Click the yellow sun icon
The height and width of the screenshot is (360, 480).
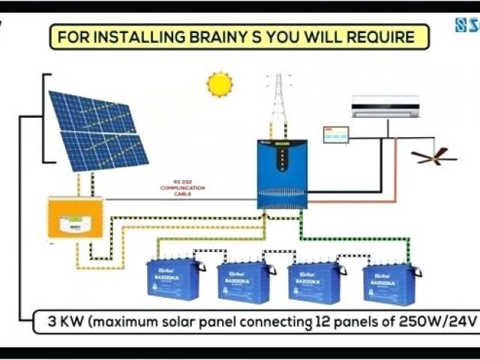(x=220, y=84)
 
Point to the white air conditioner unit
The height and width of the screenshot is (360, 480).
(x=385, y=106)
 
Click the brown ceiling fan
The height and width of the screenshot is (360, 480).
(x=433, y=155)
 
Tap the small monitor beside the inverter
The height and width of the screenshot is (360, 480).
(x=336, y=135)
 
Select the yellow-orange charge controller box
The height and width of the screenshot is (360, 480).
(x=75, y=217)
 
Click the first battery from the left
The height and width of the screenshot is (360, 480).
(x=174, y=280)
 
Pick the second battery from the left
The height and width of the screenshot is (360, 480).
(x=243, y=281)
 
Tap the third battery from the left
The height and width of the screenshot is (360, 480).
(x=314, y=282)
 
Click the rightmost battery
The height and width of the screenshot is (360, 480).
(x=388, y=283)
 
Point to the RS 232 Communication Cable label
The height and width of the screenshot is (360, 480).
(x=183, y=190)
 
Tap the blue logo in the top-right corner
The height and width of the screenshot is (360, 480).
(x=466, y=25)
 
